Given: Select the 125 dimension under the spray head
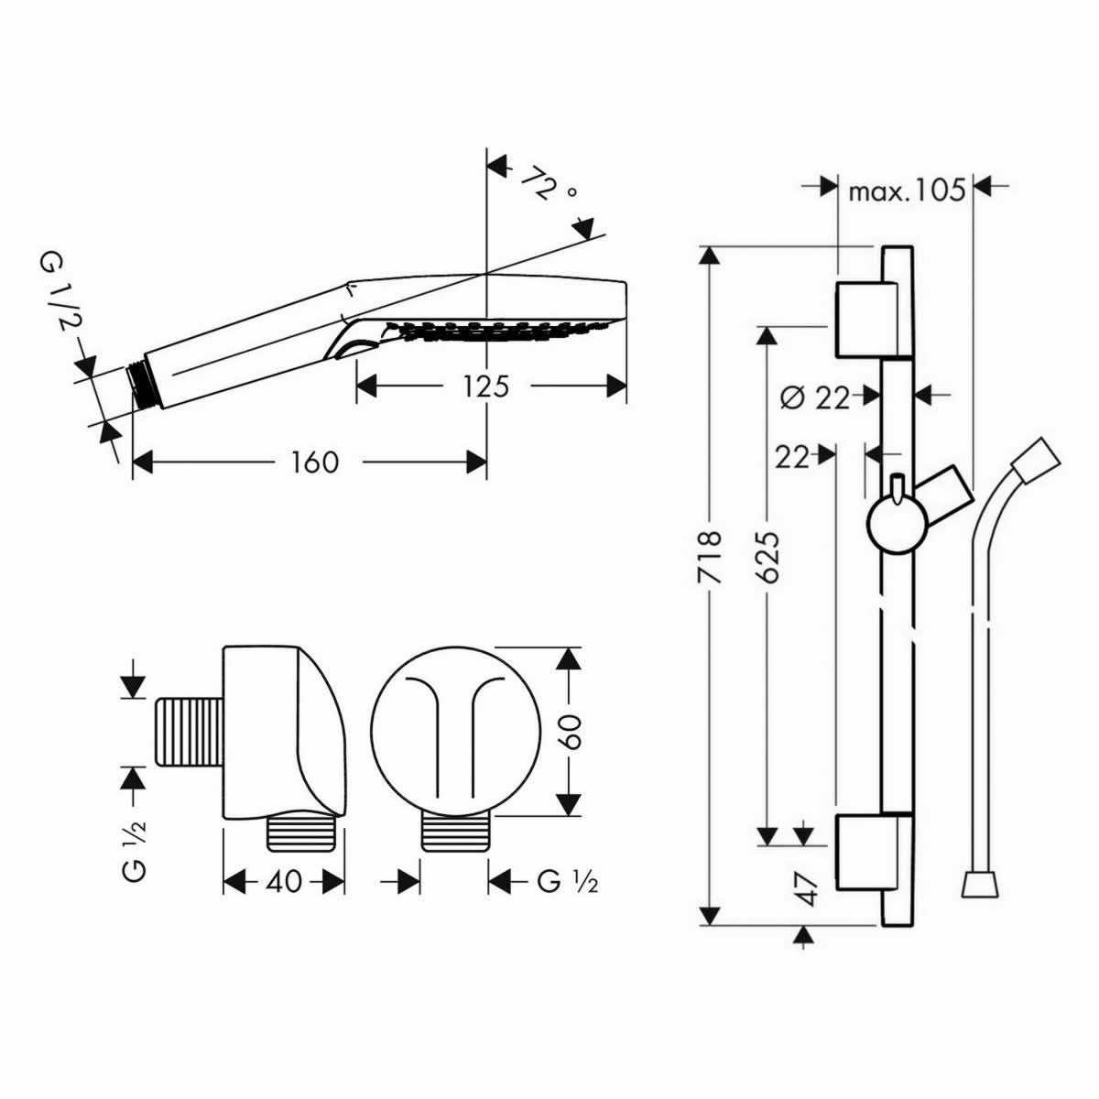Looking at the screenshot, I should click(484, 386).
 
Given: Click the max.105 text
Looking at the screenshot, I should click(907, 190).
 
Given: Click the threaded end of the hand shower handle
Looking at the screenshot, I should click(139, 384).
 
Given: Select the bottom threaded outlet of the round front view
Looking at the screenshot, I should click(455, 834).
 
